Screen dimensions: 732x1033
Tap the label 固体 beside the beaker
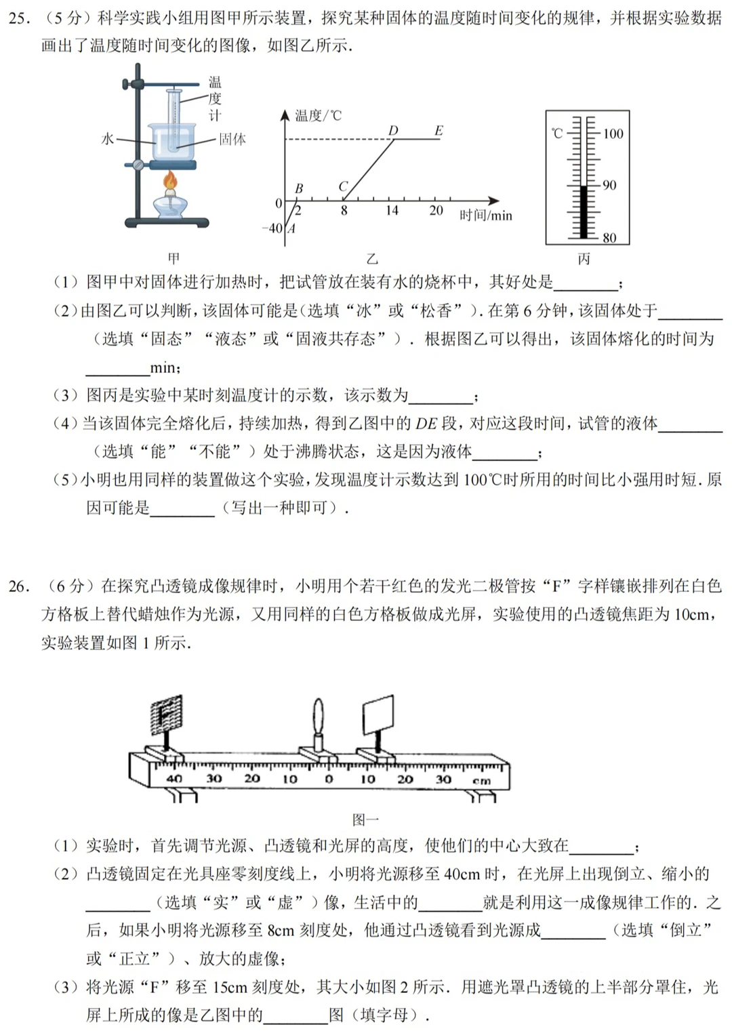[x=232, y=139]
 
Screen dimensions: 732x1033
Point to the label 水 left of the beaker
[x=108, y=138]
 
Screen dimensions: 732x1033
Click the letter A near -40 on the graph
[x=291, y=228]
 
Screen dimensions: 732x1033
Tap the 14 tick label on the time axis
[x=392, y=211]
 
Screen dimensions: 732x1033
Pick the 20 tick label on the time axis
[x=436, y=211]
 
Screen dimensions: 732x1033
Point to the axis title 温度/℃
[x=319, y=115]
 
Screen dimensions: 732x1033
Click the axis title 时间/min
[x=486, y=216]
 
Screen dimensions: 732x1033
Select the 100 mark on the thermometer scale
[x=613, y=134]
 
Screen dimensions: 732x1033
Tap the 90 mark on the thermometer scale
[x=609, y=186]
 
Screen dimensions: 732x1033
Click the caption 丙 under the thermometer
[x=584, y=259]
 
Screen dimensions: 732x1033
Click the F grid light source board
[x=166, y=714]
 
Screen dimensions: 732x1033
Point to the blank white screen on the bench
[x=378, y=714]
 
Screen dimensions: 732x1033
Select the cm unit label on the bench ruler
[x=481, y=782]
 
